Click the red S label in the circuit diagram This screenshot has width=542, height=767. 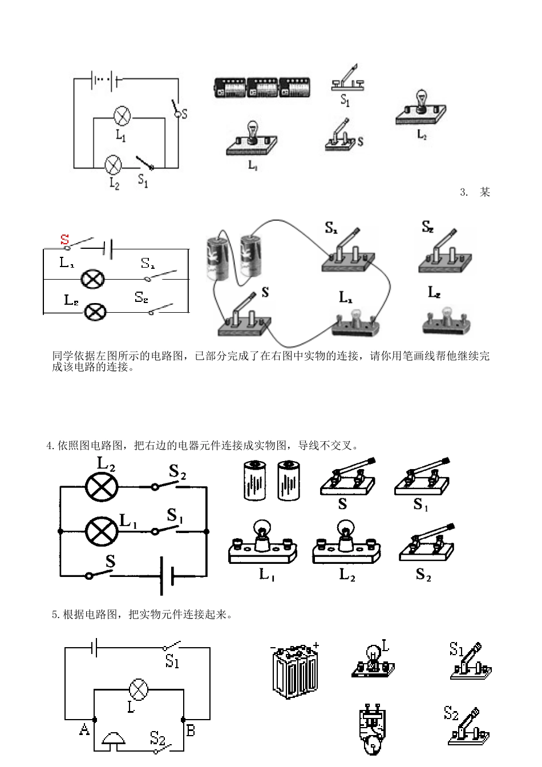[x=64, y=240]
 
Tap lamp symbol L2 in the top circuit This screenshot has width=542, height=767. [x=114, y=165]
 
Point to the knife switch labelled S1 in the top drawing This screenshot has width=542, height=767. [x=349, y=79]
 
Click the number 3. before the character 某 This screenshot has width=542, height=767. [x=464, y=192]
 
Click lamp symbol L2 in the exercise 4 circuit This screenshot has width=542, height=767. [x=102, y=487]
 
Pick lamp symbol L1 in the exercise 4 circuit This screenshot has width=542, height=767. [x=102, y=531]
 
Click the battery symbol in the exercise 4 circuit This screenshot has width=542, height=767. [x=166, y=575]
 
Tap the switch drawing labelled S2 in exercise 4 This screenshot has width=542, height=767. [x=428, y=545]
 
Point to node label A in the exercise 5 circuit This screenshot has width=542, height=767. [x=84, y=729]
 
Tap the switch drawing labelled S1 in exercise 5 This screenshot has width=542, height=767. [x=471, y=662]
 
